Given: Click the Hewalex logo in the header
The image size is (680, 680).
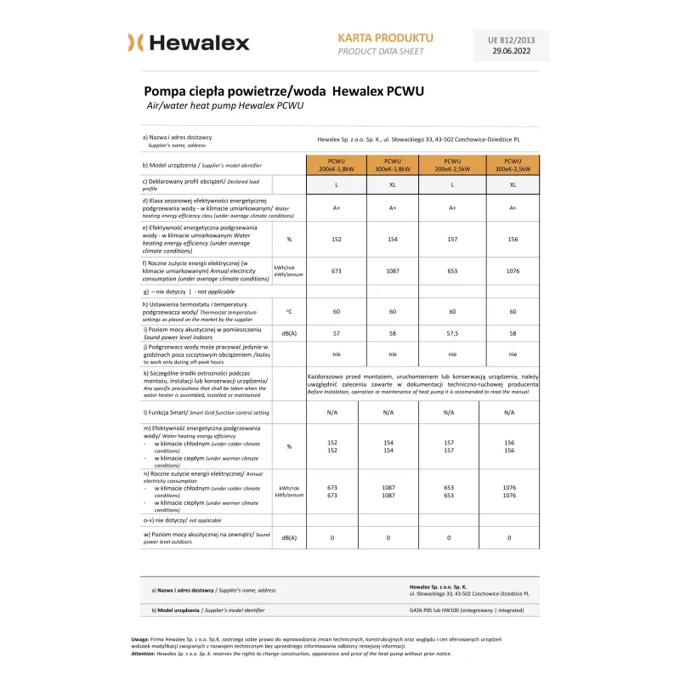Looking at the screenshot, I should [x=189, y=42].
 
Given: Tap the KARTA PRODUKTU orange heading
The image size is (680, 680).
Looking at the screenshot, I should [x=385, y=38].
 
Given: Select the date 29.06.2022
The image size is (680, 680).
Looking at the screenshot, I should [x=512, y=51].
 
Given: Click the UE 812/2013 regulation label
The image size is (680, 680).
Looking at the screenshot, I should [x=512, y=39].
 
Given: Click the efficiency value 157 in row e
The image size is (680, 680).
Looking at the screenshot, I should [x=452, y=239].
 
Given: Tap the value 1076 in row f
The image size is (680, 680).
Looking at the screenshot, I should [x=513, y=271].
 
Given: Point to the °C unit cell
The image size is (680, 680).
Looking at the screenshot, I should [x=289, y=312].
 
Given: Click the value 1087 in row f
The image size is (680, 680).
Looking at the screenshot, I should [x=393, y=271].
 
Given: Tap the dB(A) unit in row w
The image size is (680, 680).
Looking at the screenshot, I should [x=289, y=537].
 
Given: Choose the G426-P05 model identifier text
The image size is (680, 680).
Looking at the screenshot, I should [x=468, y=610].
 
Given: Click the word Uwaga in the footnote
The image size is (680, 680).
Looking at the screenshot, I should [x=140, y=638].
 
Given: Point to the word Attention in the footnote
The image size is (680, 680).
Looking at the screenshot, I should [x=144, y=654].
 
